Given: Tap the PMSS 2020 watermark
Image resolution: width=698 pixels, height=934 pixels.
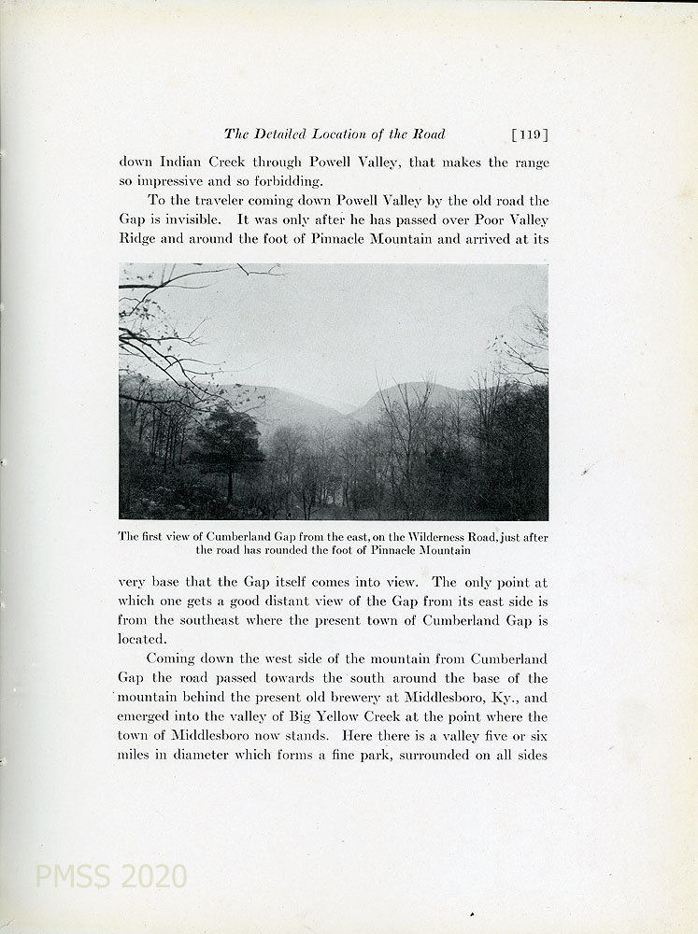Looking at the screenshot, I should point(110,877).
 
